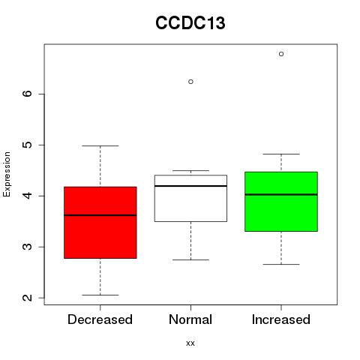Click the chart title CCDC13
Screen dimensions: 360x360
pos(190,23)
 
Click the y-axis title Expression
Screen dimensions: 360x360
pos(7,174)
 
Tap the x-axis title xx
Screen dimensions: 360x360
pos(190,343)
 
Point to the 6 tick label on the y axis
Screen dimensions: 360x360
pos(27,94)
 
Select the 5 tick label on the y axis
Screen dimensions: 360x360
pos(27,145)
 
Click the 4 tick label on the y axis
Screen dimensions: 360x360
pos(27,196)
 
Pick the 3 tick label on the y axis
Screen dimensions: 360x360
pos(27,247)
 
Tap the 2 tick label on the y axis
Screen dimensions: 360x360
pos(27,298)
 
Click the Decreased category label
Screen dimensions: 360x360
pos(100,319)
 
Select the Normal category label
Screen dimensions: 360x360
pos(190,319)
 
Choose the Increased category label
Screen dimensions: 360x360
pos(281,319)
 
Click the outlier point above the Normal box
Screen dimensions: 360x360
pos(190,82)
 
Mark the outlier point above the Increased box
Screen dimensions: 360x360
pos(281,54)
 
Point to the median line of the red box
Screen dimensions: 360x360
pos(100,215)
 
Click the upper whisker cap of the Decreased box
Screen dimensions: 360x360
pos(100,145)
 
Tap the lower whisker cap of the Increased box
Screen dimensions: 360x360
pos(281,264)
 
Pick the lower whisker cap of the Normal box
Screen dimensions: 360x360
pos(190,259)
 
